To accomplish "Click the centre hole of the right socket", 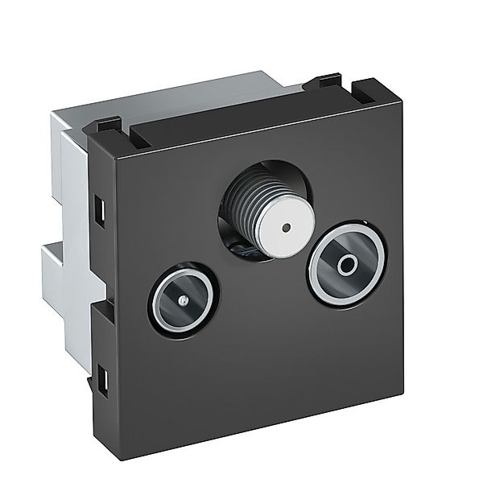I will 347,263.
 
